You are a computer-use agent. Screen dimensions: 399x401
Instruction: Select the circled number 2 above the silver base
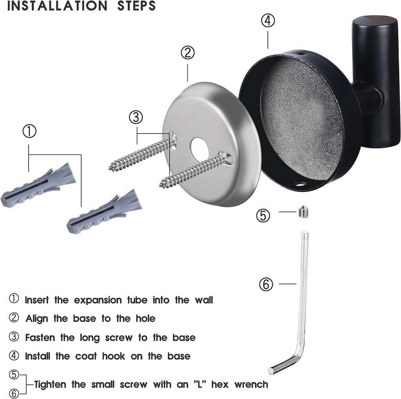click(x=188, y=52)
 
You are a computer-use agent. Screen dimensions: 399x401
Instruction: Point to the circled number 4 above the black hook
click(x=268, y=21)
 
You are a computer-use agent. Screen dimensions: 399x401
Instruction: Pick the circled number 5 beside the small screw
click(x=263, y=215)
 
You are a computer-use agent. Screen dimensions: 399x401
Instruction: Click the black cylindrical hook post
click(x=376, y=78)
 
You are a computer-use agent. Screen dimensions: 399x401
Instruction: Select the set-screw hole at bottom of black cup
click(x=300, y=183)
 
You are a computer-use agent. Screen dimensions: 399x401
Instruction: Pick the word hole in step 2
click(x=143, y=319)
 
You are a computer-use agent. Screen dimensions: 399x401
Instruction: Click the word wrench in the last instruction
click(x=251, y=384)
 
